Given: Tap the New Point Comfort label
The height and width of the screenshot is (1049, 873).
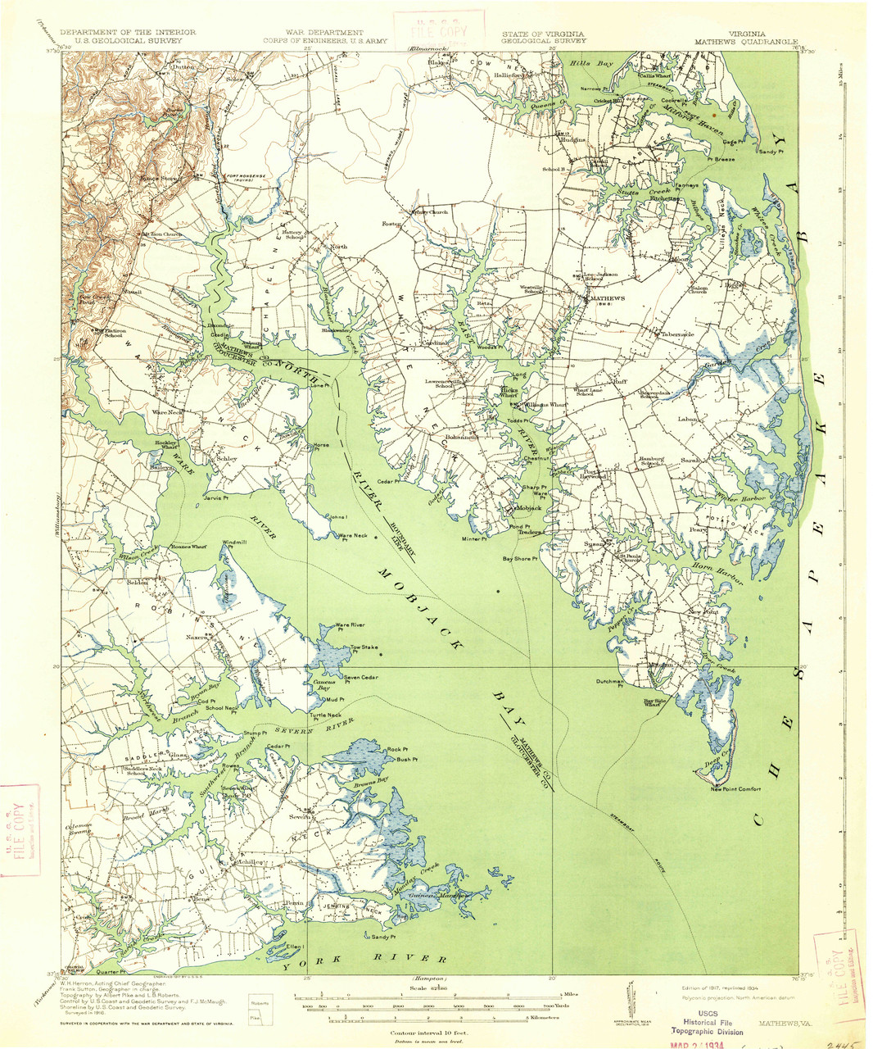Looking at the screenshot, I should point(735,789).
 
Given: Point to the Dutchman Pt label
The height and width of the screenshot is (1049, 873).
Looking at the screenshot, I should point(610,682).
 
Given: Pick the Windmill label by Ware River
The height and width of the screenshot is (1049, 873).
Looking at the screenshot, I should point(234,543).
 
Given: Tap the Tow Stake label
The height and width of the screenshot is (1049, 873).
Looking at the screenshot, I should point(364,647).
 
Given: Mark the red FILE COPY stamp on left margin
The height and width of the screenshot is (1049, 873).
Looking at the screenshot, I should point(20,833).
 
